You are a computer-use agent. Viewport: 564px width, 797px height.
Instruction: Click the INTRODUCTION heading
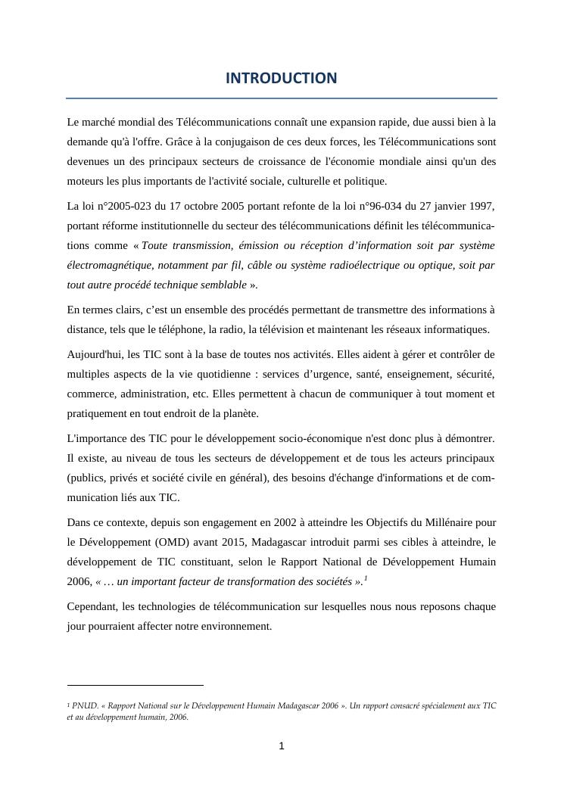tap(281, 78)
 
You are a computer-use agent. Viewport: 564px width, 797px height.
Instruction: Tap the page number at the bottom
tap(282, 746)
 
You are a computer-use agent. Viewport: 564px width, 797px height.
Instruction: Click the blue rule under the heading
tap(281, 98)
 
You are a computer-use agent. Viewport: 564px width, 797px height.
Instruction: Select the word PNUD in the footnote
tap(83, 705)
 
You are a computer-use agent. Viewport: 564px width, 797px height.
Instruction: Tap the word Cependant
tap(94, 607)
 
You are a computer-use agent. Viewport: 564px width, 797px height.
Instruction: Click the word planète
tap(239, 413)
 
